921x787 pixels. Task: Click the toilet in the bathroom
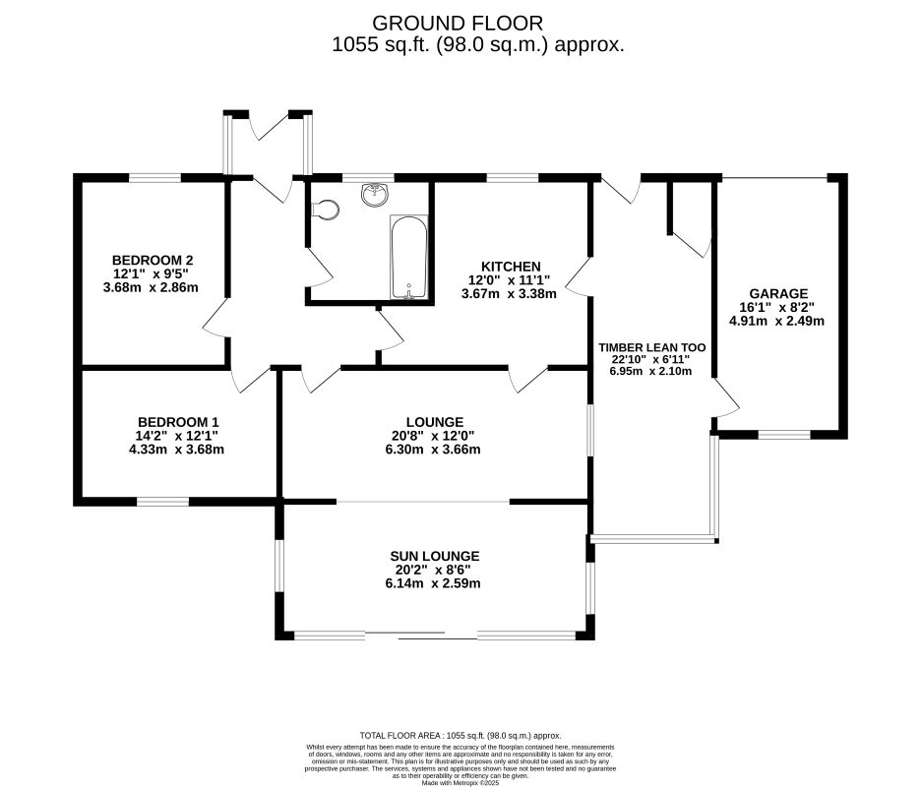[326, 209]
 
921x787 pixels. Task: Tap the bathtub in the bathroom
[409, 257]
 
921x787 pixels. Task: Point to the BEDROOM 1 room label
[178, 421]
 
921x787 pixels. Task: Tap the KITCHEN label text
[511, 267]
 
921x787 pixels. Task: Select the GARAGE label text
[777, 293]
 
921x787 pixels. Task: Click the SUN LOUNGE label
[434, 556]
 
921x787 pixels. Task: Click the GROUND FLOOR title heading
[458, 23]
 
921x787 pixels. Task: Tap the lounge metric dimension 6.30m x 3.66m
[432, 450]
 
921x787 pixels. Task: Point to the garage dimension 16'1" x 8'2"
[776, 307]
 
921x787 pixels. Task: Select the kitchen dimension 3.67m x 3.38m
[511, 293]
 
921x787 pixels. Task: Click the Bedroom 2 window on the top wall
[154, 177]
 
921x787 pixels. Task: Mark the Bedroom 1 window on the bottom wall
[162, 502]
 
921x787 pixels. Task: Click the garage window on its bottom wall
[783, 434]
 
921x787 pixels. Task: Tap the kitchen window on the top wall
[512, 177]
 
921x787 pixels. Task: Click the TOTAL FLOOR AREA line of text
[460, 735]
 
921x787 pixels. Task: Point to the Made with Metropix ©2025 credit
[460, 782]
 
